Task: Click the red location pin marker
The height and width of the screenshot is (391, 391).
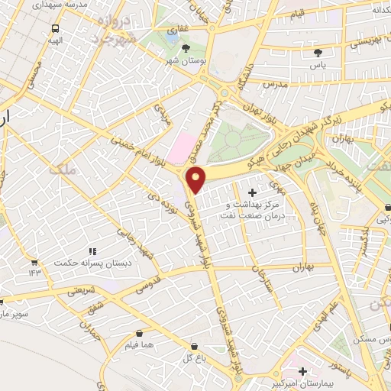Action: click(x=196, y=179)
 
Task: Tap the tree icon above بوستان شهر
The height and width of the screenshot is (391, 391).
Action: click(x=187, y=47)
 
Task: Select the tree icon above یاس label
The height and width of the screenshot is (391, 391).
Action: click(x=318, y=52)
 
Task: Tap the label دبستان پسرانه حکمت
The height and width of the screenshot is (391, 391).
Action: click(x=88, y=263)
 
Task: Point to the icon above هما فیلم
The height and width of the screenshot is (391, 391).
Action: click(x=139, y=333)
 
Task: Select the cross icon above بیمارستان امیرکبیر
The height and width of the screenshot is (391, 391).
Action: click(x=303, y=371)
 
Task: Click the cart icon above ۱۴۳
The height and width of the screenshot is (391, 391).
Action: click(x=34, y=261)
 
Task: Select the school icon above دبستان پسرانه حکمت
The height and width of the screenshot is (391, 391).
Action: click(x=92, y=251)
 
